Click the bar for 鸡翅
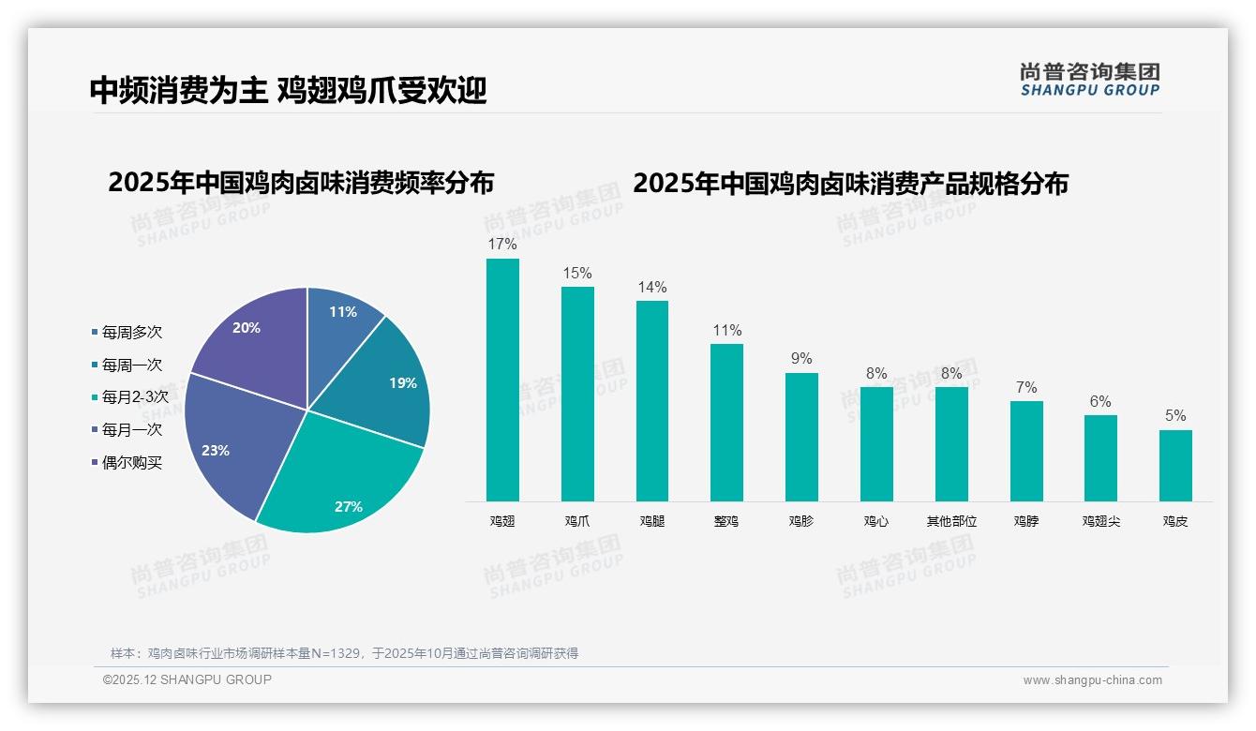click(x=502, y=380)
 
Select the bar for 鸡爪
click(x=577, y=394)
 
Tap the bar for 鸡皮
click(x=1175, y=466)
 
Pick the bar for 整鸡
click(x=726, y=423)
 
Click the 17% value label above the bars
click(x=502, y=245)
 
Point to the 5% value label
click(x=1175, y=416)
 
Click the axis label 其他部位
click(x=951, y=521)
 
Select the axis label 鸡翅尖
click(x=1100, y=521)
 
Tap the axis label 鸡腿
click(x=651, y=521)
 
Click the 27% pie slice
click(x=342, y=487)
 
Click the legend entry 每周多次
click(x=131, y=333)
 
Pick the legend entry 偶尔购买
click(x=131, y=463)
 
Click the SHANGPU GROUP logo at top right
click(x=1089, y=79)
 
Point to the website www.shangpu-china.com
click(x=1092, y=680)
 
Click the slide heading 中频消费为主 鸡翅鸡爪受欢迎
click(x=288, y=90)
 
